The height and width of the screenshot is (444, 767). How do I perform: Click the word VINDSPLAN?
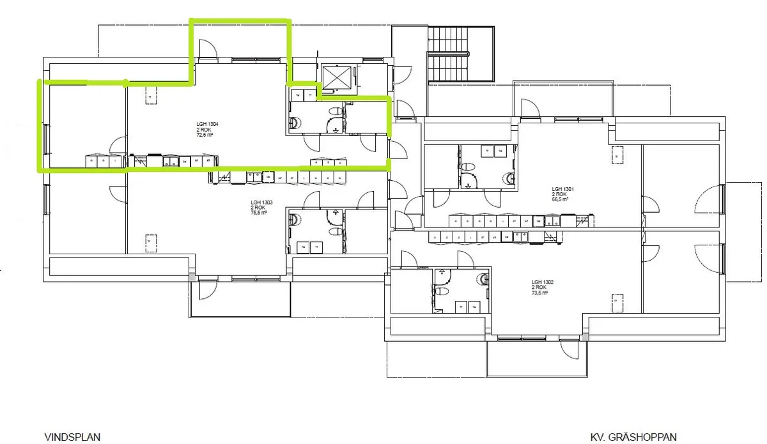pos(72,437)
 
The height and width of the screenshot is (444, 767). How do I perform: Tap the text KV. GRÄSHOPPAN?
pos(633,437)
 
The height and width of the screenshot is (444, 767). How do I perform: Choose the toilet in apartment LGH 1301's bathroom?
pos(470,167)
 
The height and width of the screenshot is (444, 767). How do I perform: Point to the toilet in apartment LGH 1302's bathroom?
pos(440,290)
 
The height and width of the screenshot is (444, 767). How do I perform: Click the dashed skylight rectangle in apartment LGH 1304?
pos(151,96)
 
